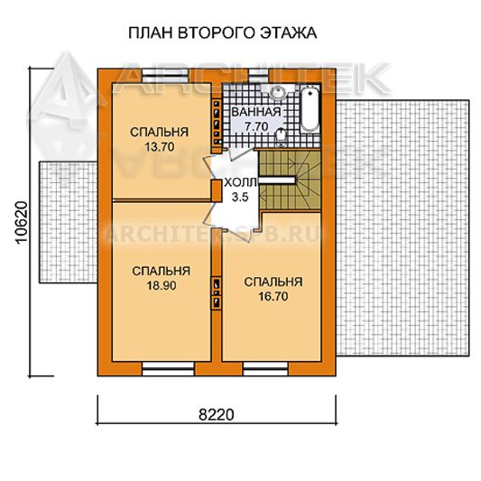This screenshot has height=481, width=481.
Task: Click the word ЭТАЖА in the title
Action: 289,32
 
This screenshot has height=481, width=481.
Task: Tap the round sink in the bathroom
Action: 278,92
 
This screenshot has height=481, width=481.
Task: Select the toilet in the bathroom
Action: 281,137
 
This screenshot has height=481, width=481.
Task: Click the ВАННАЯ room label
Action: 256,112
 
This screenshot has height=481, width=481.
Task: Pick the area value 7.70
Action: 256,126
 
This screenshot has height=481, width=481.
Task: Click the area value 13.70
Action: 160,146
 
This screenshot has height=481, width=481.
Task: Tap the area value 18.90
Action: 162,285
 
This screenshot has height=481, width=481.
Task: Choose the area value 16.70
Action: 273,297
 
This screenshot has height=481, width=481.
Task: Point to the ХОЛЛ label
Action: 240,183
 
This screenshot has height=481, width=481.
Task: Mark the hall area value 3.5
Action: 240,198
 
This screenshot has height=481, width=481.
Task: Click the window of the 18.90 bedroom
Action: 169,368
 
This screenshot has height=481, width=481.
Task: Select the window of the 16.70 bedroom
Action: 265,368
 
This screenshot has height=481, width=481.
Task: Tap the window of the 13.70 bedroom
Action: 166,76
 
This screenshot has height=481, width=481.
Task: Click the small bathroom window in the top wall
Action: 258,76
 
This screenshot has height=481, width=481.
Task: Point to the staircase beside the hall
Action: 290,180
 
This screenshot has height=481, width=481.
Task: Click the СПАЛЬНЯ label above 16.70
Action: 273,282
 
